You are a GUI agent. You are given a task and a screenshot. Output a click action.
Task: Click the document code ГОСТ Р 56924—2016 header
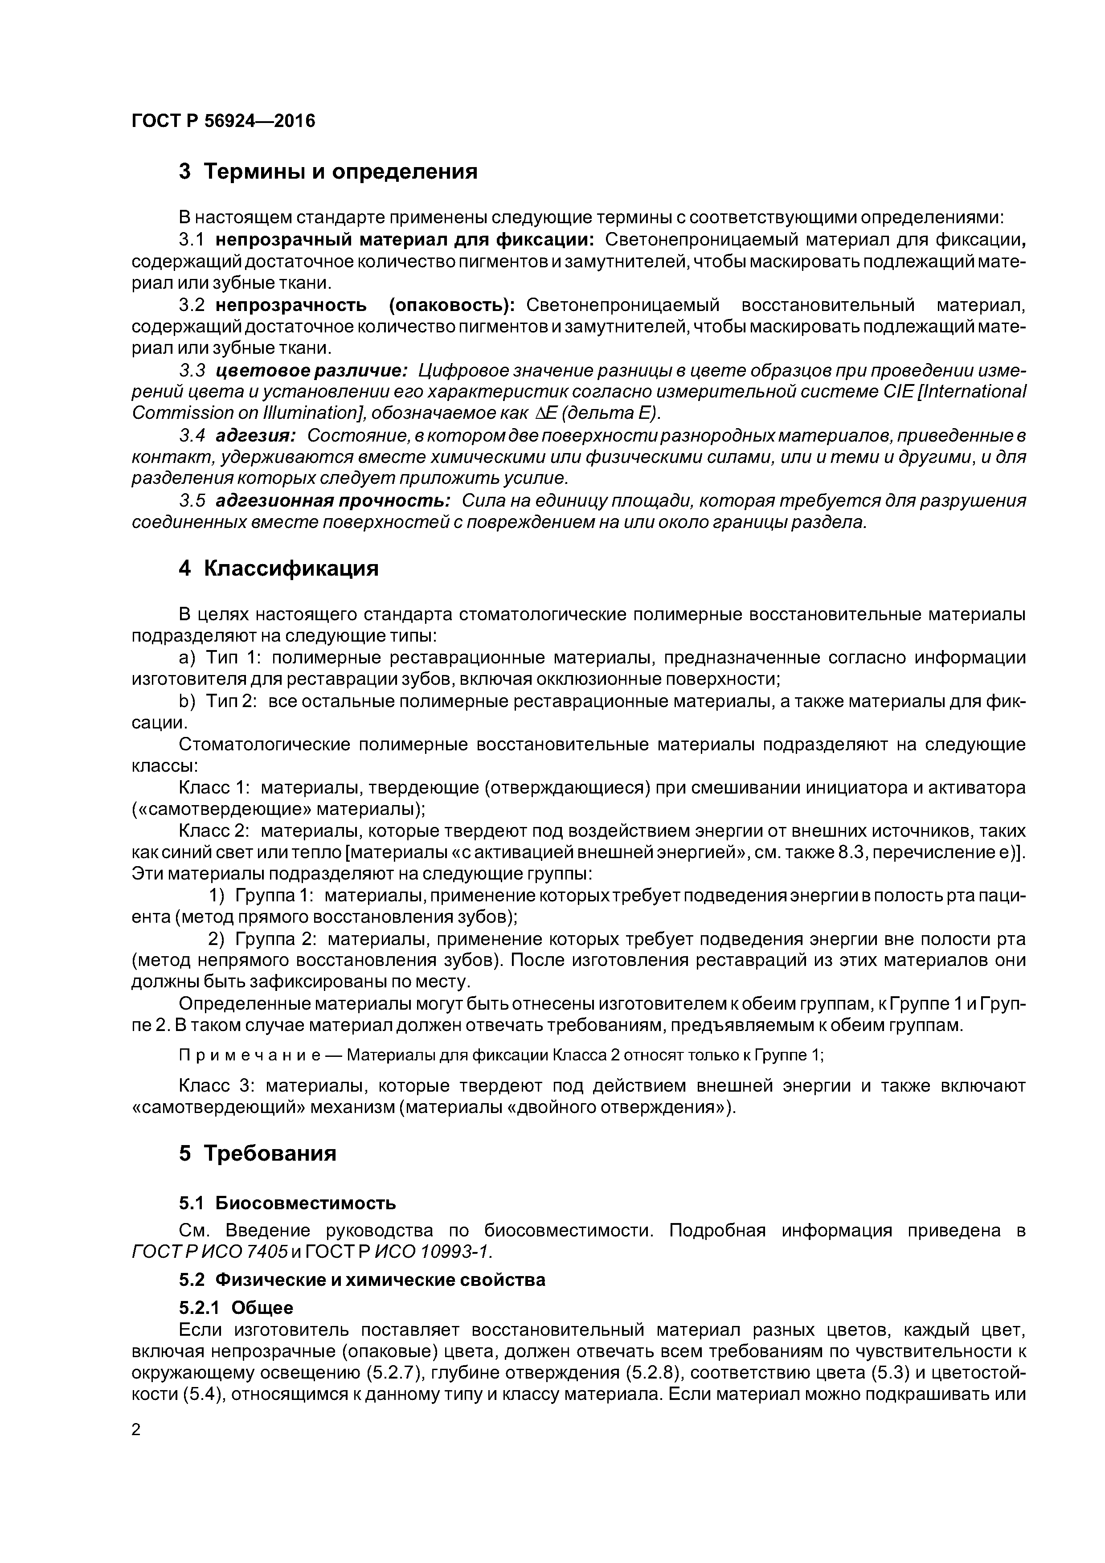point(223,121)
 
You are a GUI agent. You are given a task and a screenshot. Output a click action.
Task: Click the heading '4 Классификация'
point(278,569)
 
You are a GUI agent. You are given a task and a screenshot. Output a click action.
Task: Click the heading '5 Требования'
point(258,1154)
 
